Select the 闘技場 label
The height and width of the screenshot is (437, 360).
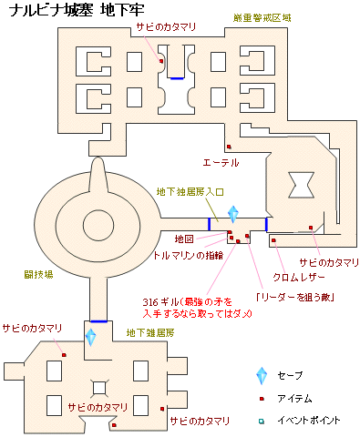point(39,273)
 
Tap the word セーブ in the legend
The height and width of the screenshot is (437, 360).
point(291,375)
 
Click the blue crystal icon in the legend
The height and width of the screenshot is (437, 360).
point(262,375)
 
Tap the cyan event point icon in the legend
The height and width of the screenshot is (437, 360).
point(262,421)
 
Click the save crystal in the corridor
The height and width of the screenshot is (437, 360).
point(233,214)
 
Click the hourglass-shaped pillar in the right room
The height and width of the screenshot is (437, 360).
point(298,186)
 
